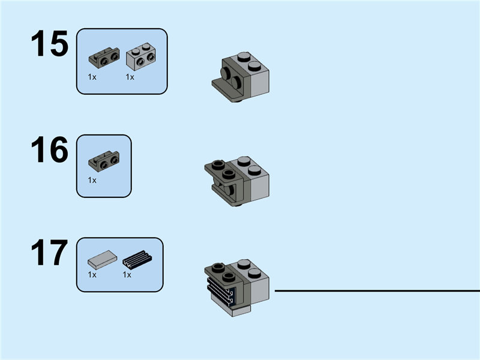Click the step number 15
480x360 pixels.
point(50,44)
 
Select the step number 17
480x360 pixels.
point(50,253)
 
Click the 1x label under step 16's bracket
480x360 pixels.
point(92,179)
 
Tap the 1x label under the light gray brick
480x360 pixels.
point(130,77)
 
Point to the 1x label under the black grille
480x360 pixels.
point(127,275)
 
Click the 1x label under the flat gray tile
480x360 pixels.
point(92,275)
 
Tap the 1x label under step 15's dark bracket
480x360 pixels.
point(92,77)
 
